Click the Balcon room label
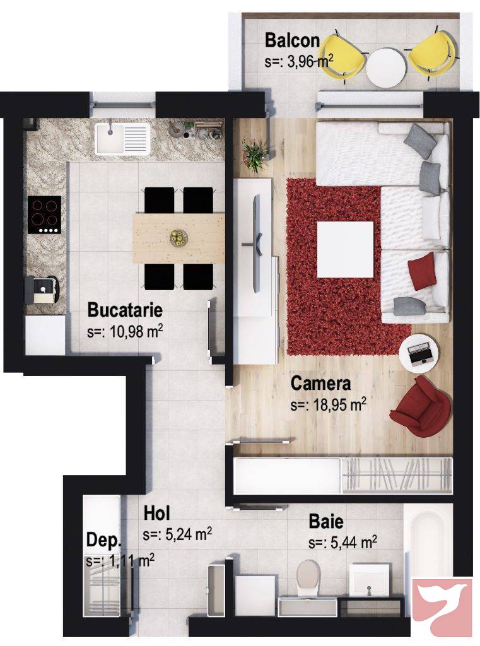pos(292,40)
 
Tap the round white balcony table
pos(386,68)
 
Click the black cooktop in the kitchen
pos(45,214)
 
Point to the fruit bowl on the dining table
pos(179,237)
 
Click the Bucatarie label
pos(125,310)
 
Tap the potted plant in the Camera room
pos(255,155)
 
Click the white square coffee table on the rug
pos(345,249)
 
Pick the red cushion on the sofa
pos(422,271)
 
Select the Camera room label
pos(320,383)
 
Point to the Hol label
pos(156,514)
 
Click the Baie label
pos(326,522)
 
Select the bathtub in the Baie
pos(428,540)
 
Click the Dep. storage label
pos(103,540)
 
